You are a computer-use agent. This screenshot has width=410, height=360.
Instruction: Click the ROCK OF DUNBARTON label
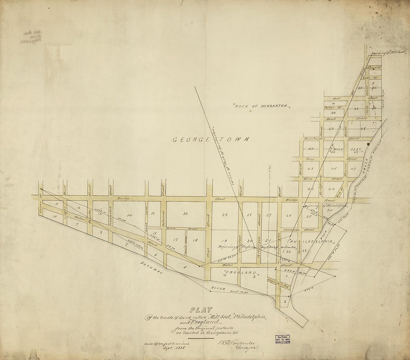[x=262, y=106]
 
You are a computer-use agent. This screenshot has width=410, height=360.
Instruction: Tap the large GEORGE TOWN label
[x=211, y=140]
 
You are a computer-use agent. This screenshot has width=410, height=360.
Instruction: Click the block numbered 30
[x=185, y=213]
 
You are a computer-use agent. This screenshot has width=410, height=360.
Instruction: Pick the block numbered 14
[x=129, y=215]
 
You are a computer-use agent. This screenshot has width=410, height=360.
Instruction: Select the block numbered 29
[x=224, y=215]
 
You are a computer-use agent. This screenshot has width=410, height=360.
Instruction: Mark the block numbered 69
[x=331, y=129]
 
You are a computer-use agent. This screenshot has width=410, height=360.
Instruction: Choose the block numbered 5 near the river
[x=184, y=267]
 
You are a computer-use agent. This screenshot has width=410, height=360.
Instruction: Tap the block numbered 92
[x=356, y=109]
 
